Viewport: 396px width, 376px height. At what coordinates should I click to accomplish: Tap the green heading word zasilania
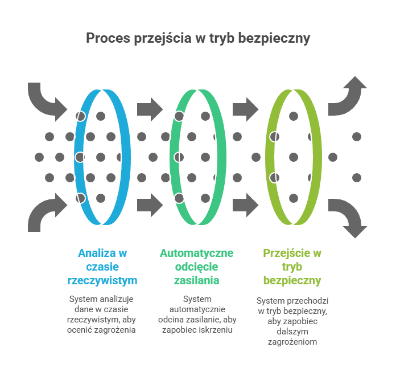(x=196, y=281)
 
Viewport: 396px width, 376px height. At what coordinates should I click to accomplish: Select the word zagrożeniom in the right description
(x=292, y=342)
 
